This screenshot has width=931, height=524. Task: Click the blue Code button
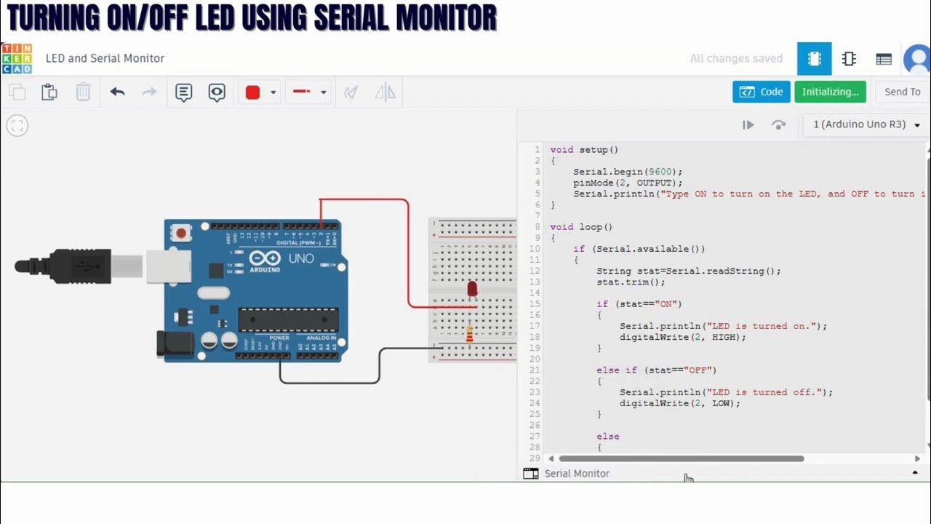(x=761, y=92)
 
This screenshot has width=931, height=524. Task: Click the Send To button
(x=902, y=92)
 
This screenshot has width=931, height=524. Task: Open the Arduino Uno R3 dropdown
(x=866, y=124)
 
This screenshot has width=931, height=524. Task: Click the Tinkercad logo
(x=17, y=58)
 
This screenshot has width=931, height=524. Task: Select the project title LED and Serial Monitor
(x=105, y=58)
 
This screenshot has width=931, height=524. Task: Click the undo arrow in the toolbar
(x=117, y=92)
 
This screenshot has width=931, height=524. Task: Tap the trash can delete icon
(x=83, y=92)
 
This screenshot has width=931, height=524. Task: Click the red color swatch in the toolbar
(x=252, y=92)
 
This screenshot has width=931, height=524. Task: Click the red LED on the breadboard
(x=472, y=290)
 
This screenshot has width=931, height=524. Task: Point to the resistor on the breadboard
(x=469, y=333)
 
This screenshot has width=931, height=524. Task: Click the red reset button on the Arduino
(x=180, y=233)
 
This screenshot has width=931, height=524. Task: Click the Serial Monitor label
(x=576, y=474)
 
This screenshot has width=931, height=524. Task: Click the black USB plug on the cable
(x=80, y=266)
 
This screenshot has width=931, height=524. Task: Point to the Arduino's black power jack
(x=175, y=344)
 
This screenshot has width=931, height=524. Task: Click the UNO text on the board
(x=301, y=258)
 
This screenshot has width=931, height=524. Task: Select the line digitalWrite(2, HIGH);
(x=682, y=337)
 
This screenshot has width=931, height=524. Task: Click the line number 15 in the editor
(x=535, y=304)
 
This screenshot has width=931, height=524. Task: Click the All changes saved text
(x=736, y=58)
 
